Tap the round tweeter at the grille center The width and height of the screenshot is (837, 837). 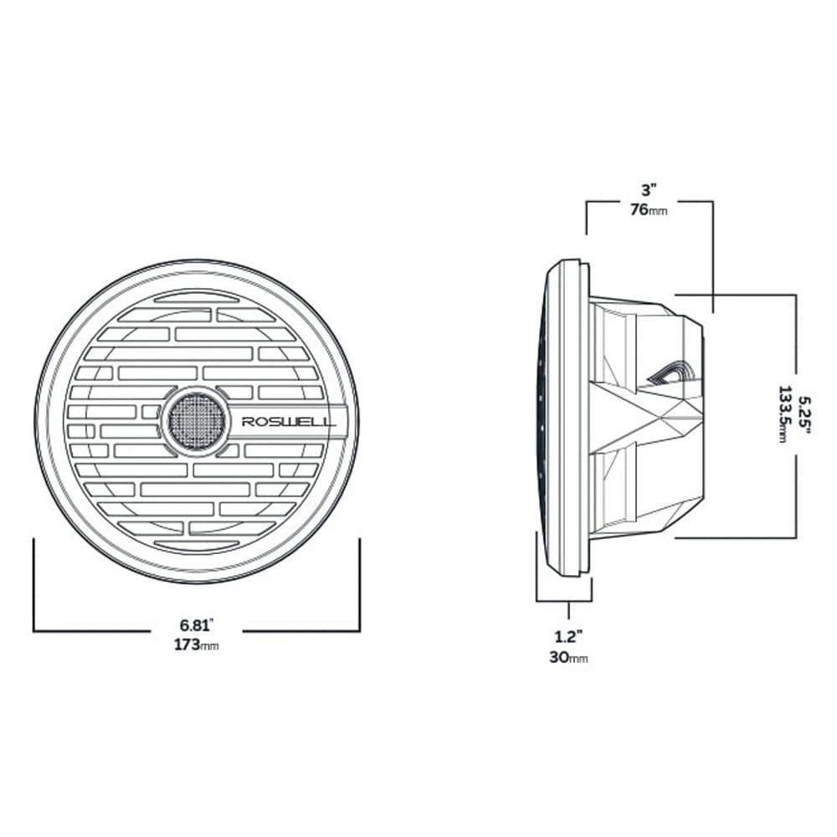tap(197, 420)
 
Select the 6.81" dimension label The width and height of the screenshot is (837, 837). tap(198, 624)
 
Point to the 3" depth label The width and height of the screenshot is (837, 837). tap(649, 191)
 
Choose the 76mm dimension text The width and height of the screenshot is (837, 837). tap(649, 210)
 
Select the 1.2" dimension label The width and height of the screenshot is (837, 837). tap(569, 638)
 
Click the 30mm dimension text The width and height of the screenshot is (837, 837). tap(569, 658)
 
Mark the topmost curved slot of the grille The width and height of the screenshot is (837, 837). tap(197, 297)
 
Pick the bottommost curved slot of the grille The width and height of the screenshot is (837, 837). tap(197, 545)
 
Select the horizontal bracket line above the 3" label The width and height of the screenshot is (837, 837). tap(649, 201)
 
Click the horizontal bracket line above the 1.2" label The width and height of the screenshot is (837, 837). tap(564, 600)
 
